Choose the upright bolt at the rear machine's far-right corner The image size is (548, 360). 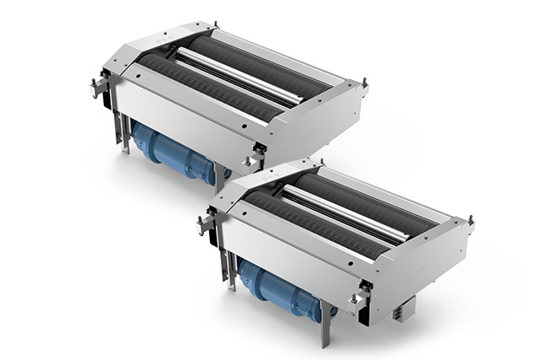[x=364, y=83]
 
